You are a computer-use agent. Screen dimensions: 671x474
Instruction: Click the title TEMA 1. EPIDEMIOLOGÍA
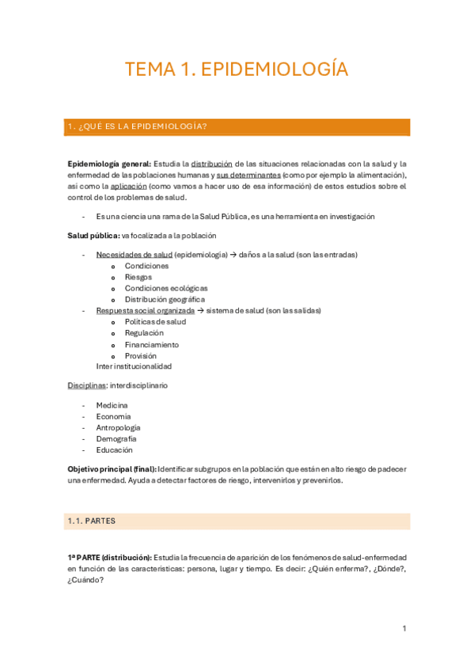237,70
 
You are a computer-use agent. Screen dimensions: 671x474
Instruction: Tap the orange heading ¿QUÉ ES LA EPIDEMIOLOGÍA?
138,127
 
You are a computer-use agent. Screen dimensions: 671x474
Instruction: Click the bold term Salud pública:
93,236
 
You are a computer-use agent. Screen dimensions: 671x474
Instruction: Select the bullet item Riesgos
138,277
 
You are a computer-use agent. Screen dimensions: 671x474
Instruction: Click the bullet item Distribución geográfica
165,300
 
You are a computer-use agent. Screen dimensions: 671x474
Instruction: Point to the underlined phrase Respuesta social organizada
145,311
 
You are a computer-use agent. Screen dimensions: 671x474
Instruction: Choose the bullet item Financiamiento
152,345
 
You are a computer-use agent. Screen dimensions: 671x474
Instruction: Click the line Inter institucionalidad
134,366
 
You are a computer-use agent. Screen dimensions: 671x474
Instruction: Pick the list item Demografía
116,438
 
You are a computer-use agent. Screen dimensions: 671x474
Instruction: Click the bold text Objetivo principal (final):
112,468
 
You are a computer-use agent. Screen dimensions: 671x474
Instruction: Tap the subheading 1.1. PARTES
93,521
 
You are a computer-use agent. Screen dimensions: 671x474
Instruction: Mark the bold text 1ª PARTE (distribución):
109,557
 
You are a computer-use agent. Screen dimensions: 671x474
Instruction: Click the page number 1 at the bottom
404,628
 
